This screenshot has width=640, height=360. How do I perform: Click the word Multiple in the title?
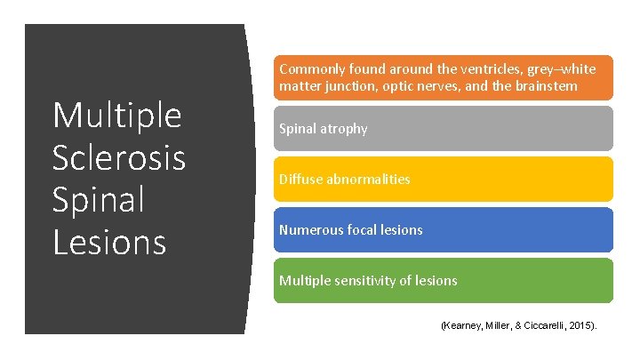[116, 116]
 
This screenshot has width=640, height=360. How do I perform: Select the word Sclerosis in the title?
[119, 158]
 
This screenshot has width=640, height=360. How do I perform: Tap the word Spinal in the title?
[98, 199]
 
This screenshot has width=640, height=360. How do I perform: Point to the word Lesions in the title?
[109, 241]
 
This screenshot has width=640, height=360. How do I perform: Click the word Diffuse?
[299, 179]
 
